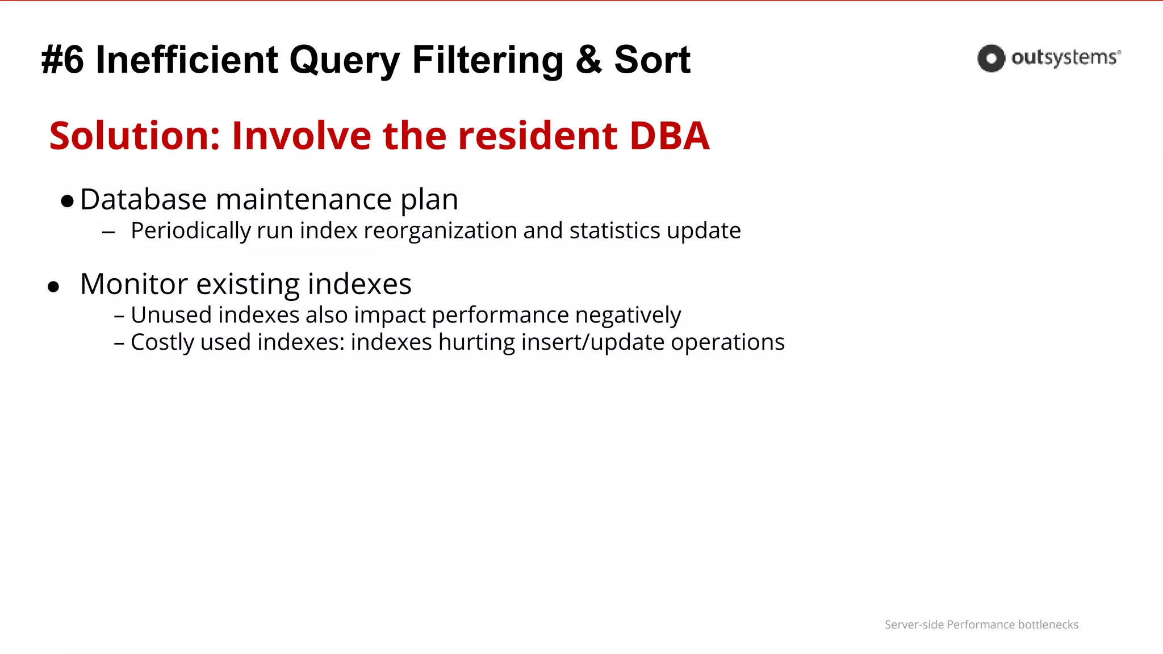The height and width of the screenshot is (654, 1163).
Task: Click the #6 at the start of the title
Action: tap(62, 60)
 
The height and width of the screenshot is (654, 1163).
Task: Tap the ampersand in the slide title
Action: tap(588, 60)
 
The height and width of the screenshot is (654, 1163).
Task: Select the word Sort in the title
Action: tap(652, 60)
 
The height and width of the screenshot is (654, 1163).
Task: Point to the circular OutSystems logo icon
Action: tap(991, 58)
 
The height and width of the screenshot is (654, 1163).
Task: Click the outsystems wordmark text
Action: tap(1065, 58)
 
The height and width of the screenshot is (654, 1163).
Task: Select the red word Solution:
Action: tap(135, 136)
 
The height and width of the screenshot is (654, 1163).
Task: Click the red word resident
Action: tap(537, 136)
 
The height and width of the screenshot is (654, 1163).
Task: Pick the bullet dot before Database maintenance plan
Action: tap(67, 202)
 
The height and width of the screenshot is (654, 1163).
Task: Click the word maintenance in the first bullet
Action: tap(304, 200)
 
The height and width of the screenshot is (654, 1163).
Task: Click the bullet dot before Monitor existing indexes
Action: tap(53, 287)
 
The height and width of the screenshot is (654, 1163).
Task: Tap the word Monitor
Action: tap(134, 284)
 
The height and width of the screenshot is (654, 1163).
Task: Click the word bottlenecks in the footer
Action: tap(1048, 624)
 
